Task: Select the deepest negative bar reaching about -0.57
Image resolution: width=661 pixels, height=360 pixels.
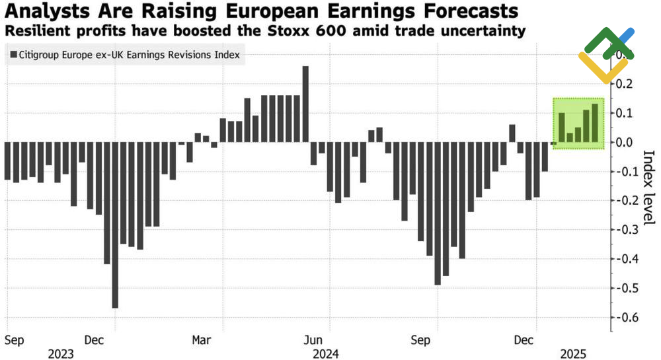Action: coord(115,225)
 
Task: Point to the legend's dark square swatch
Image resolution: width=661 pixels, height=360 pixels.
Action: coord(13,55)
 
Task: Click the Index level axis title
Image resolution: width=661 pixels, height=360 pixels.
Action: coord(648,188)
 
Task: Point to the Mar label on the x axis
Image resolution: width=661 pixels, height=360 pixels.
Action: coord(202,340)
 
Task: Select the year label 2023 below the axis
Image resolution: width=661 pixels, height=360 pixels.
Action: coord(61,353)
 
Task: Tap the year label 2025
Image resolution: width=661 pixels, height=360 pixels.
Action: coord(574,353)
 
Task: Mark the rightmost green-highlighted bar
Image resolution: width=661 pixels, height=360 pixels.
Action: coord(595,123)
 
